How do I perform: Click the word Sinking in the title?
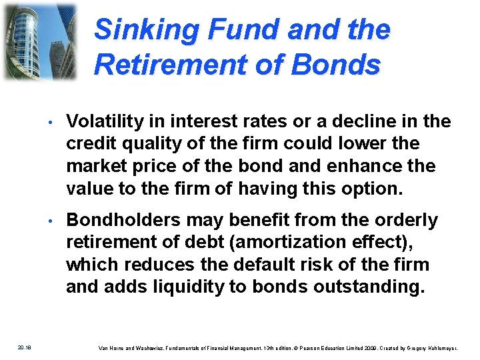coord(136,30)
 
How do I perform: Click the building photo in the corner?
coord(39,41)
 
